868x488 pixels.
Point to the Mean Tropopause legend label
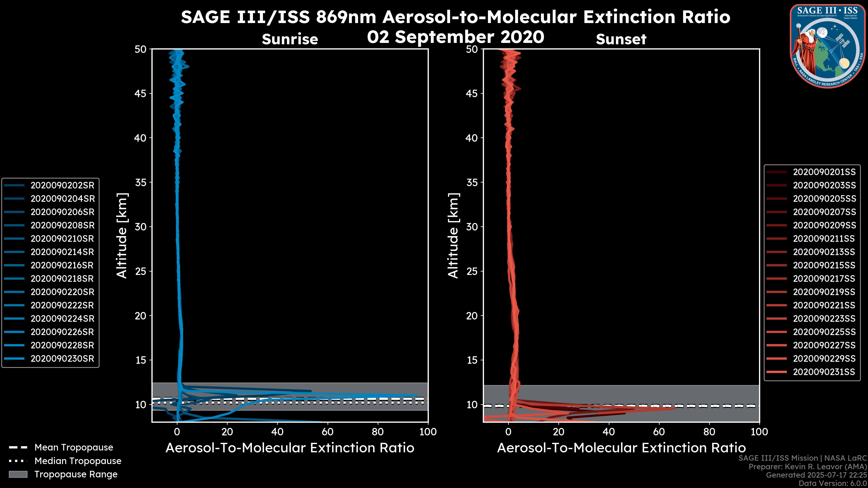click(x=74, y=447)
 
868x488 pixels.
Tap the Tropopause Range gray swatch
click(x=18, y=474)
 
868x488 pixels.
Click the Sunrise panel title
click(x=290, y=39)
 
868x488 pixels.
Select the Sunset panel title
click(x=621, y=39)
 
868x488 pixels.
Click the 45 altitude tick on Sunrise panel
click(x=141, y=93)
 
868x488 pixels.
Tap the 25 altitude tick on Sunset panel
click(x=472, y=271)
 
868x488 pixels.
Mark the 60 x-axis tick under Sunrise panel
click(x=328, y=432)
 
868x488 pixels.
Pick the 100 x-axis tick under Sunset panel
click(x=759, y=432)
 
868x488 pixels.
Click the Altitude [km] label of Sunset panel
click(x=453, y=235)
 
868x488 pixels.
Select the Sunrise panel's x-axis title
click(x=290, y=448)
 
